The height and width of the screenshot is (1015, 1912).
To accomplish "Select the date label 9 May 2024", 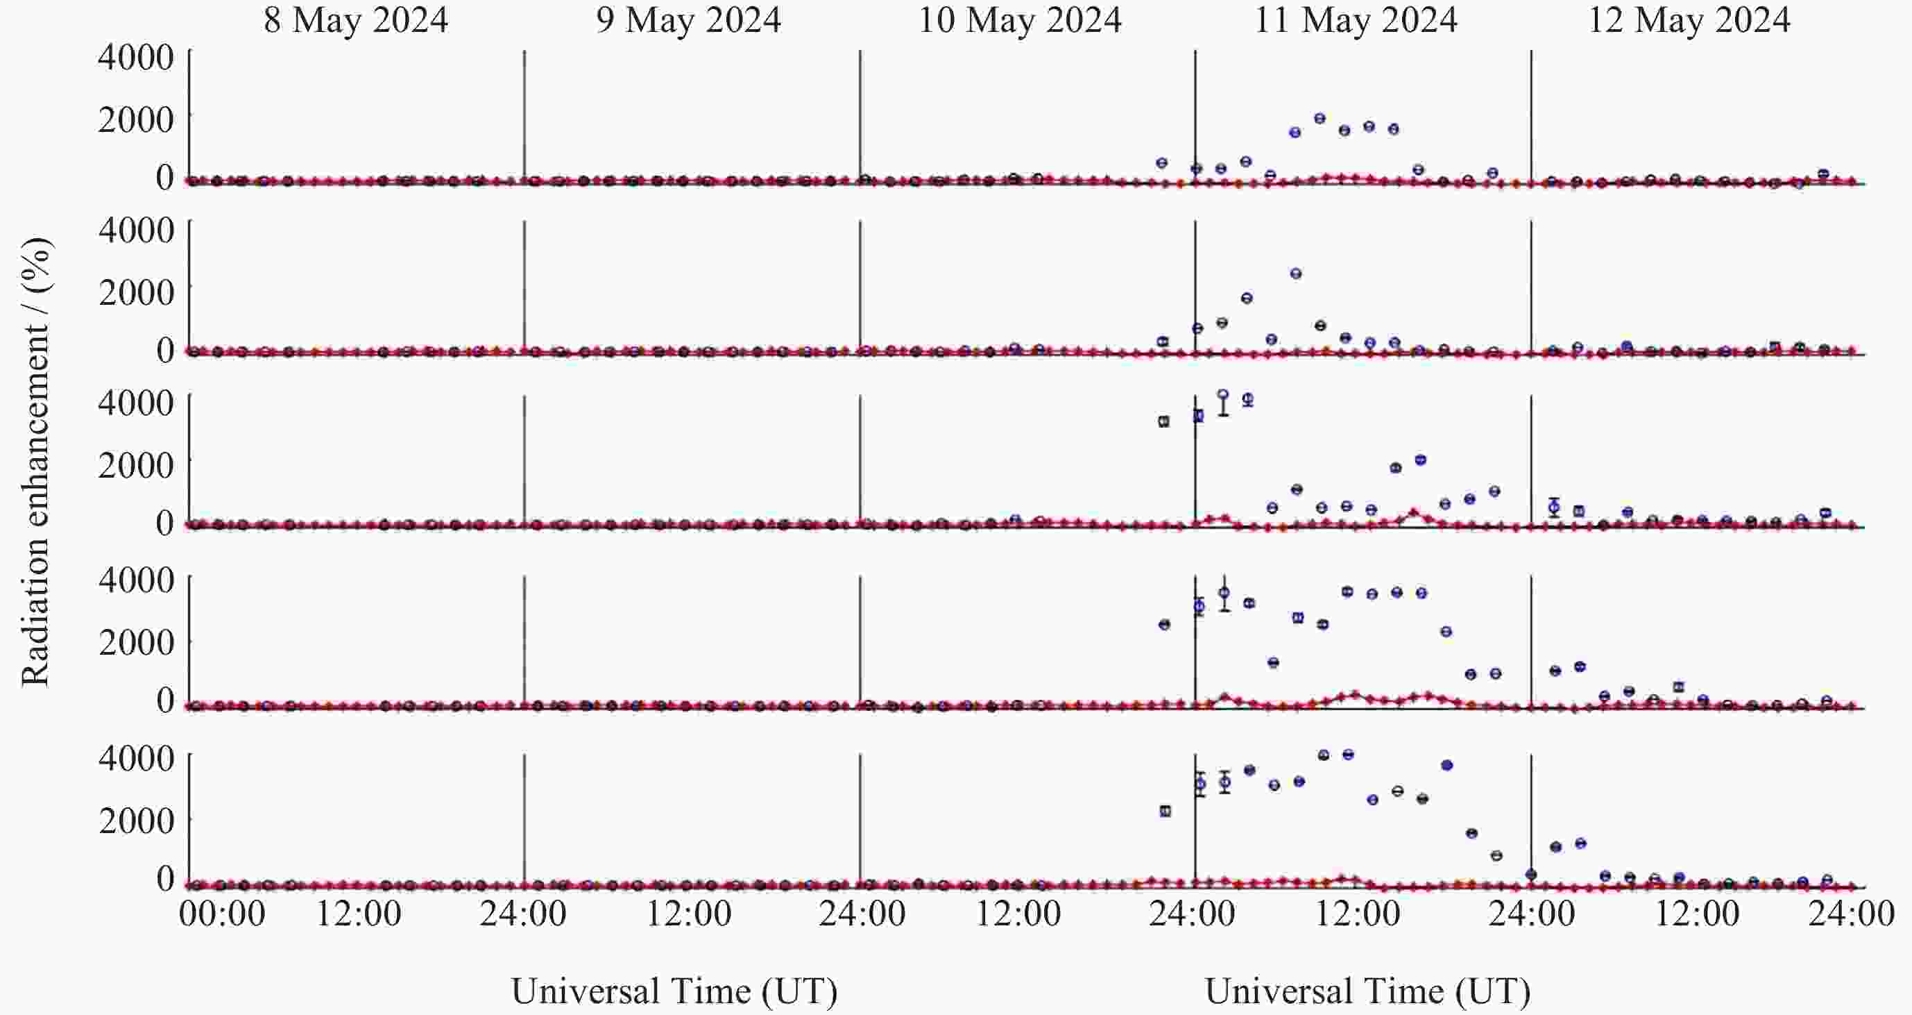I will point(688,20).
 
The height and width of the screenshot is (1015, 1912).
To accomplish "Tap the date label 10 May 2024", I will point(1020,20).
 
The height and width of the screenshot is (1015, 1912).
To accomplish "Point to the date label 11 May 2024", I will point(1356,20).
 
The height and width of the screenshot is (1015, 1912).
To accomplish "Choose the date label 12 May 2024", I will point(1689,20).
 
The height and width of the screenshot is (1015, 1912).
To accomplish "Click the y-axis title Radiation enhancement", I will point(35,462).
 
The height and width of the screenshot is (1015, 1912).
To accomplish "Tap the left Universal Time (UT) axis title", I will point(674,991).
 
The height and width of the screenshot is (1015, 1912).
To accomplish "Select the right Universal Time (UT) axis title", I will point(1367,991).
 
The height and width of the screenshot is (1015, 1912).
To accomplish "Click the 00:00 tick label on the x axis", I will point(222,913).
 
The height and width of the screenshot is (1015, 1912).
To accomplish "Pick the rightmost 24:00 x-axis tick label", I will point(1851,913).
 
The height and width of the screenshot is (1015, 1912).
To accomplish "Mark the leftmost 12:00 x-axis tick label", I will point(359,913).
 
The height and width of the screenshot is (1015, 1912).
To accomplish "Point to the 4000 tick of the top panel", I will point(136,57).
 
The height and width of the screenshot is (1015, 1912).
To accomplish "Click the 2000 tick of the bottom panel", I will point(136,821).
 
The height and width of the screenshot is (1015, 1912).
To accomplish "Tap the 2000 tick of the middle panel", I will point(136,466).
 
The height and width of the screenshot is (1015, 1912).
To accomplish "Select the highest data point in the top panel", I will point(1320,118).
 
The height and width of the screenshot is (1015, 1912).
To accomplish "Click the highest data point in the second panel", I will point(1296,274).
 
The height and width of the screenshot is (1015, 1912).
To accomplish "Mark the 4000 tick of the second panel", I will point(136,229).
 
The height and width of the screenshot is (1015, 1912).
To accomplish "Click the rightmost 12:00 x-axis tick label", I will point(1698,913).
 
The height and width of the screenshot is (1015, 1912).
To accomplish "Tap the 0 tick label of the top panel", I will point(165,178).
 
